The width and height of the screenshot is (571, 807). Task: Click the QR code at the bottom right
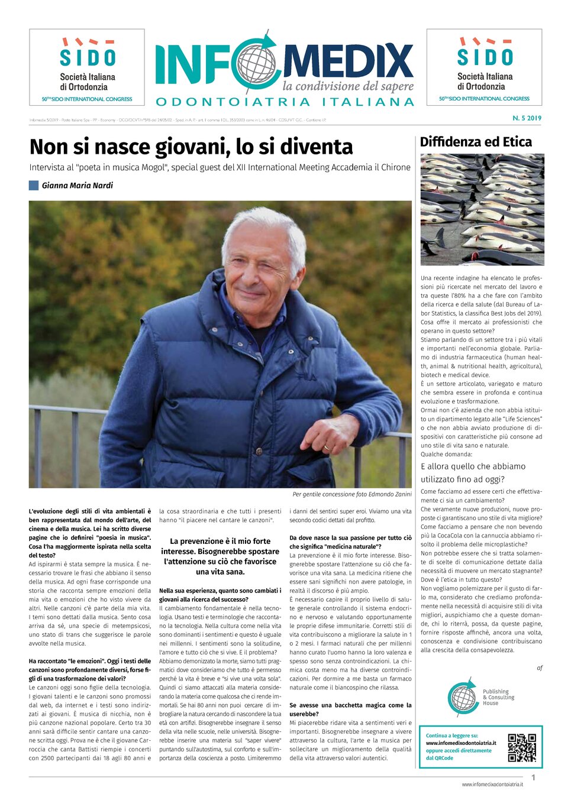coord(521,747)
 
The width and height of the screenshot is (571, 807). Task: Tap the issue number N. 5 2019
coord(527,118)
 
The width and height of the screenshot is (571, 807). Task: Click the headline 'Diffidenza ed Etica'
coord(476,142)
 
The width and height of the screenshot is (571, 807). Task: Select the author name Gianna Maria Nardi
coord(77,186)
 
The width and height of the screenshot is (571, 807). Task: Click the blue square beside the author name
coord(34,185)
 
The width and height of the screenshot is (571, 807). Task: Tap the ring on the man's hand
coord(327,448)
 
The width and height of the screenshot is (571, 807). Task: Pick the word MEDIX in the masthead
coord(348,61)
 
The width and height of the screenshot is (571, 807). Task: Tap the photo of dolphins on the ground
coord(482,209)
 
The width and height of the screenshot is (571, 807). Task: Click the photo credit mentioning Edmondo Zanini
coord(351,494)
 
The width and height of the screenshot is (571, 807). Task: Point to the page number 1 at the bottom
coord(533,777)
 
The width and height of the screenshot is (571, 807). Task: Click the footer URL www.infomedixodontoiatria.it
coord(492,785)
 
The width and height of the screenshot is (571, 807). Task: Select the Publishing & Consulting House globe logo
coord(463,698)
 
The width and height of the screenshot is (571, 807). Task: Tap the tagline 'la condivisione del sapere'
coord(348,86)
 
